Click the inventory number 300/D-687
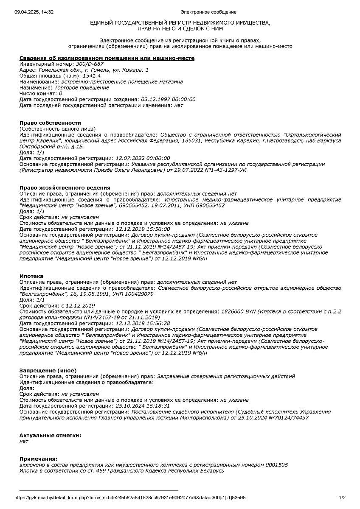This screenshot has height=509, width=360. (90, 64)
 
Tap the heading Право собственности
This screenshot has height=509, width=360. (50, 123)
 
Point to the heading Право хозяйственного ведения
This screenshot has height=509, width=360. (65, 187)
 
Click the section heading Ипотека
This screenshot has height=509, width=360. (31, 276)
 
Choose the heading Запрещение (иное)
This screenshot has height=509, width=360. (48, 370)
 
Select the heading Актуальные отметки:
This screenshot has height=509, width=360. (50, 435)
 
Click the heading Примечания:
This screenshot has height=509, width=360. (38, 459)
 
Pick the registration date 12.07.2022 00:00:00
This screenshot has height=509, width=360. (143, 158)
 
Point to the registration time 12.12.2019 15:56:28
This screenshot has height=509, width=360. (143, 323)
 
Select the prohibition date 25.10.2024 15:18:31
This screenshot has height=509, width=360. (143, 406)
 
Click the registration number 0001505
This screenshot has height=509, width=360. (277, 465)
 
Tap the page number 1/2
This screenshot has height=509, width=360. (342, 498)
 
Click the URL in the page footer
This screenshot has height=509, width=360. (130, 498)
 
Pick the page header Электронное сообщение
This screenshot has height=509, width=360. (208, 12)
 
